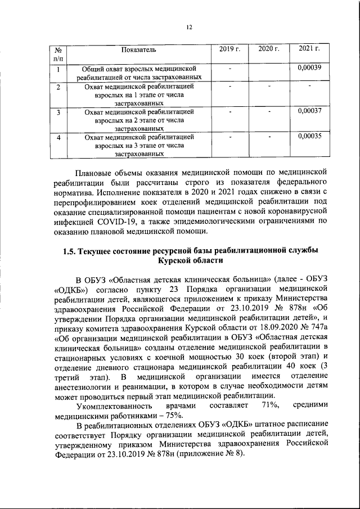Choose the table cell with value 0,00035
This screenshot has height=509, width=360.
point(309,136)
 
